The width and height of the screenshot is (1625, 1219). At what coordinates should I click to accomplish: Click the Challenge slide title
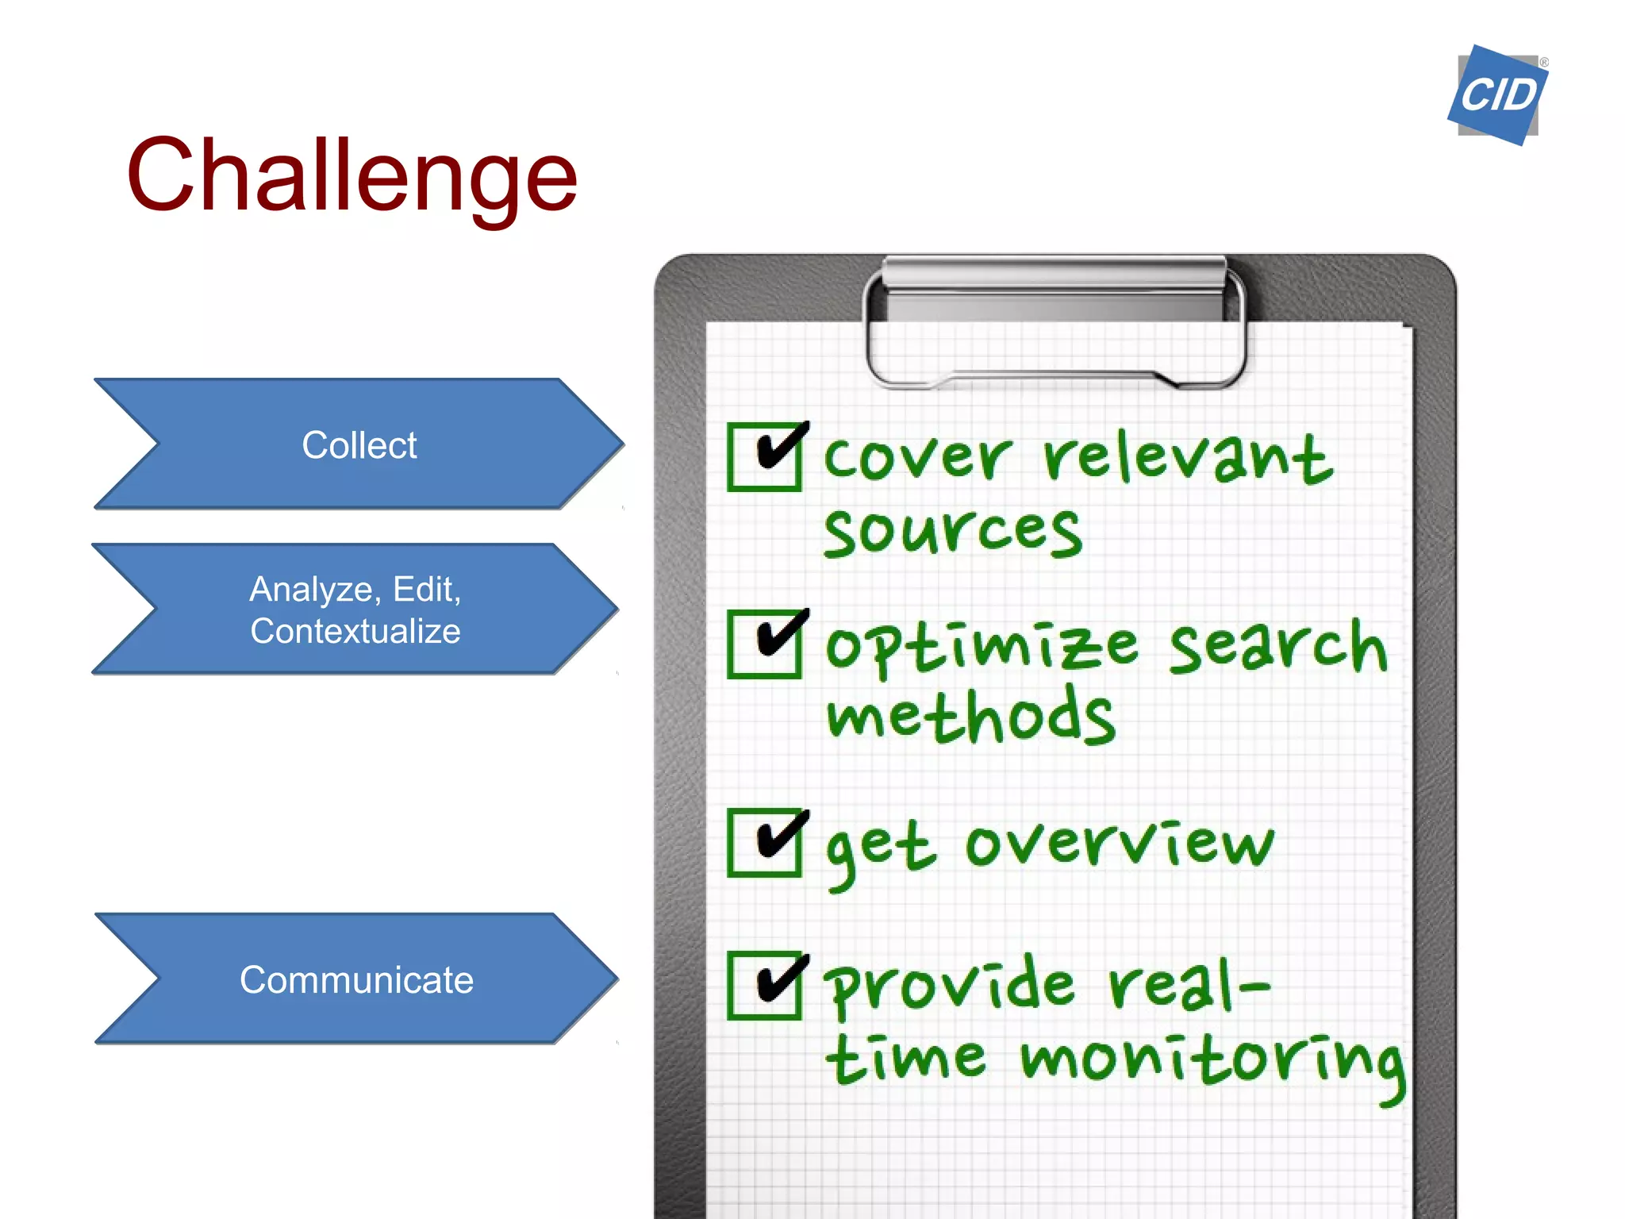click(352, 176)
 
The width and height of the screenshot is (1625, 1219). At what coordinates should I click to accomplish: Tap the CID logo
click(1497, 95)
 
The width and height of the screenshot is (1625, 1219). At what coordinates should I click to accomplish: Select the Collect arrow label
click(359, 445)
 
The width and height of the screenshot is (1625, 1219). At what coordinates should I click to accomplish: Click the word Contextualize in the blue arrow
click(355, 632)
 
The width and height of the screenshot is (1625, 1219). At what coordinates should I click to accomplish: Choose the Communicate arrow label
click(356, 980)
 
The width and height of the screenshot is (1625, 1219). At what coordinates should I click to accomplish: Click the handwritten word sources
click(952, 532)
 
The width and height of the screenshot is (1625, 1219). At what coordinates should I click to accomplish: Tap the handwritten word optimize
click(982, 647)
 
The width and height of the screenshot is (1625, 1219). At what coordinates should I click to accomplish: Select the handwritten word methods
click(970, 717)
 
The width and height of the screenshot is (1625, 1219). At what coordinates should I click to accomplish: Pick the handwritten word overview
click(1119, 843)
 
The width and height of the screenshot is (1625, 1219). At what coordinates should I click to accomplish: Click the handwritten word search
click(1277, 647)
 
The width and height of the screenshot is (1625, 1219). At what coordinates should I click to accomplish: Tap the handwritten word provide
click(948, 986)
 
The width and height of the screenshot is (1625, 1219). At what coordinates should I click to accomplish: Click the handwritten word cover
click(917, 458)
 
